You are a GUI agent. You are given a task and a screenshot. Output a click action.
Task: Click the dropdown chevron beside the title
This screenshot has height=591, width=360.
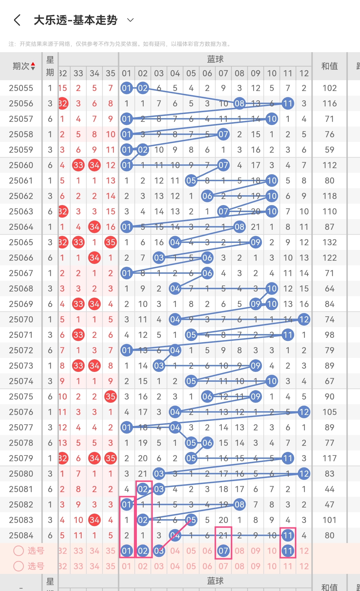click(130, 20)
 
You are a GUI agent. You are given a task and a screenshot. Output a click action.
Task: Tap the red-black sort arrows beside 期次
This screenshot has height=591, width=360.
click(33, 66)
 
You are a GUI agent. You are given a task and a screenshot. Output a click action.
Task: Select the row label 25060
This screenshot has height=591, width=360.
click(21, 165)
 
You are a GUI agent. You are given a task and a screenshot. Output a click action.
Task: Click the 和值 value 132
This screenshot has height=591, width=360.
click(329, 242)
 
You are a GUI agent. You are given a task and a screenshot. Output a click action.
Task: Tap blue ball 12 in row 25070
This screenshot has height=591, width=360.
click(304, 319)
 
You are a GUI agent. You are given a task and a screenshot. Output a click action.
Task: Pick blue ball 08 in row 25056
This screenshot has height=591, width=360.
click(239, 104)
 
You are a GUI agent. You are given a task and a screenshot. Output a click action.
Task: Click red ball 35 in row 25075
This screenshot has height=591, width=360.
click(110, 397)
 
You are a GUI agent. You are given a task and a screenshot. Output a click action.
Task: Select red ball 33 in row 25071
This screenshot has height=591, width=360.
click(78, 335)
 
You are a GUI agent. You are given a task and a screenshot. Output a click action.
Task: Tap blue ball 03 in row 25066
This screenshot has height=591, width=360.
click(159, 258)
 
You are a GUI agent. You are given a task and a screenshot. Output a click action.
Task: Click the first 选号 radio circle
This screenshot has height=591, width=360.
click(19, 551)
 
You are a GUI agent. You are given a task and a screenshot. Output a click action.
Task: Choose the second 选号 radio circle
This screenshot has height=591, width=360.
click(19, 566)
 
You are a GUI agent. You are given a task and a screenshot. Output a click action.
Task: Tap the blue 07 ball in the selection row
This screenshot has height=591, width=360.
click(223, 551)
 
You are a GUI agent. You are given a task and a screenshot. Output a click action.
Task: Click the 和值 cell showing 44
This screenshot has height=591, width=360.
click(329, 489)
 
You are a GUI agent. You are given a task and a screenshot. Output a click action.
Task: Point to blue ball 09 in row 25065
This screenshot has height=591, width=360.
click(256, 242)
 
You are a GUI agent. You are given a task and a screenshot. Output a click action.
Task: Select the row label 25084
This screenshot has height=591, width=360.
click(21, 535)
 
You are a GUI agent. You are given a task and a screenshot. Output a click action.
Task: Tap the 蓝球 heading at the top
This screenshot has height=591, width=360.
click(215, 59)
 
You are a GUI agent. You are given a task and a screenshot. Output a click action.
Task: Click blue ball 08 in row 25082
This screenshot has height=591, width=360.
click(239, 505)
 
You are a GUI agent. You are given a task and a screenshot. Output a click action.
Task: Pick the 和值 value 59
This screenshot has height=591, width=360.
click(329, 150)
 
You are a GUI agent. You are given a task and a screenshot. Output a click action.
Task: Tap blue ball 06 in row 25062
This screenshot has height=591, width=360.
click(207, 196)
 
